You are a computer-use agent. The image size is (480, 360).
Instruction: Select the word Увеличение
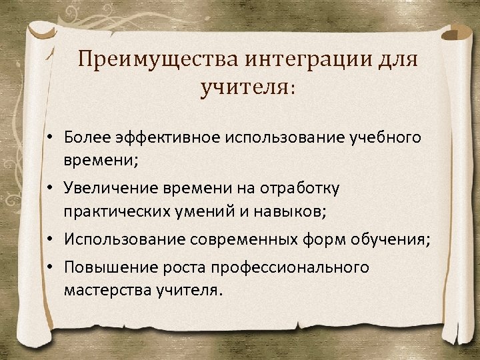click(107, 189)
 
